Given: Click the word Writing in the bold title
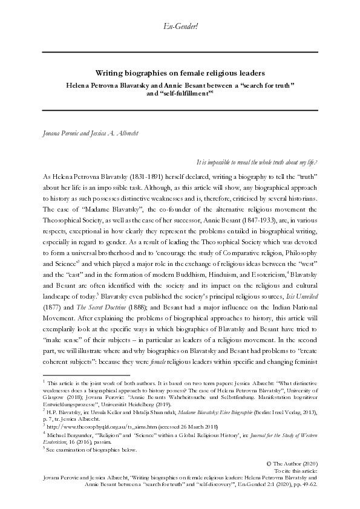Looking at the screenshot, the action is pyautogui.click(x=111, y=71).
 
